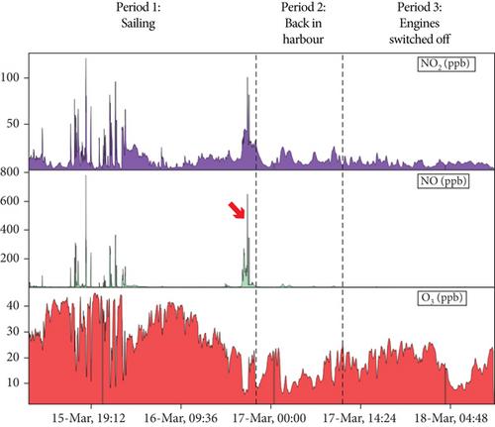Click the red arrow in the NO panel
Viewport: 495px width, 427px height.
237,210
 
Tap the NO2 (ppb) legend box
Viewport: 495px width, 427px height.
446,63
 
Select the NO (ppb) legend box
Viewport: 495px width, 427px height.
444,181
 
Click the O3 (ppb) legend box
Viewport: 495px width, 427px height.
443,298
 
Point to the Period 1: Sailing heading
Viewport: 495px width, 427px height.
139,16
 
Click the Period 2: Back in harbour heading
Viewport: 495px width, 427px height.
303,23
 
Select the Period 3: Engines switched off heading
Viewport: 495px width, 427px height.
420,23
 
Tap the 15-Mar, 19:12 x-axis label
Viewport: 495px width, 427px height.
89,418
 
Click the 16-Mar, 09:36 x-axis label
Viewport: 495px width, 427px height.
180,418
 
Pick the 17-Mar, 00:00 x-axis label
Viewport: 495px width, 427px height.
269,418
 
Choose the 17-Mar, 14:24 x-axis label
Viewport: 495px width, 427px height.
359,418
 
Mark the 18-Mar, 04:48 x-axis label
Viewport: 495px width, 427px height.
451,418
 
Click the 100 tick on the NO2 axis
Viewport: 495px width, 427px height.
10,77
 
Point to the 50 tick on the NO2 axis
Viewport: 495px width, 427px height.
13,124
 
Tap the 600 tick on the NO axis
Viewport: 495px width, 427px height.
10,201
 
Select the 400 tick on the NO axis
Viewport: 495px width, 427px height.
10,229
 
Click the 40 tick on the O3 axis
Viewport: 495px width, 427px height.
13,305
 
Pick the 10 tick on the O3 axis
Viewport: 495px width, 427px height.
13,382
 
